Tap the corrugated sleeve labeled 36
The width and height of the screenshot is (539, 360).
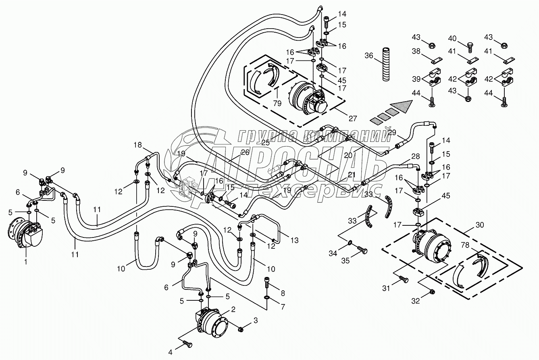(386, 65)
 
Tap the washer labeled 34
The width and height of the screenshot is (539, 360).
(350, 243)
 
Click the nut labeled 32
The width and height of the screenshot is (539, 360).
(433, 291)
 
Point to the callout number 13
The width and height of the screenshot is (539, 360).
(295, 240)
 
